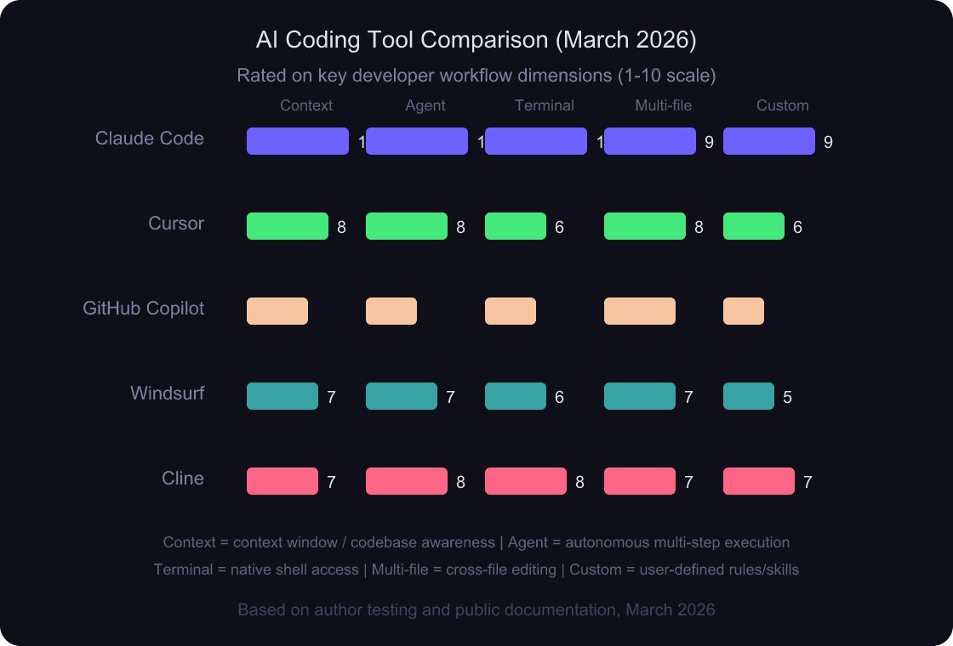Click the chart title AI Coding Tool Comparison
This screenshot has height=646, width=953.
(476, 40)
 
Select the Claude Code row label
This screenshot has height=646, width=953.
(150, 139)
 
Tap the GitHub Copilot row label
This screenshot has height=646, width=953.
(143, 309)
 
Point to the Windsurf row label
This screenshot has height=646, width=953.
(167, 394)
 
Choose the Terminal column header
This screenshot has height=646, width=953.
(545, 105)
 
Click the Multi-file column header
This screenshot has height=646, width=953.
(664, 105)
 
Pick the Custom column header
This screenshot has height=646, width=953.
(782, 105)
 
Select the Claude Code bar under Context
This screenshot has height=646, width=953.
(298, 141)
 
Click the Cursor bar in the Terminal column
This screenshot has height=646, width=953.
(516, 226)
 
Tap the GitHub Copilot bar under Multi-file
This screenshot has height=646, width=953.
(640, 311)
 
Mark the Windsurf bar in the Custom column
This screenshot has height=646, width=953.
(749, 396)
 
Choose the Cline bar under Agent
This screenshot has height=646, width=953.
(407, 481)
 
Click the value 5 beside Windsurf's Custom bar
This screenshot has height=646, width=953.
(787, 398)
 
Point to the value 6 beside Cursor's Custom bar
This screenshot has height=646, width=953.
(797, 228)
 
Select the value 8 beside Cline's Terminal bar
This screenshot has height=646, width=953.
(579, 483)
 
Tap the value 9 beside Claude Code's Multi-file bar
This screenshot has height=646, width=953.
(709, 143)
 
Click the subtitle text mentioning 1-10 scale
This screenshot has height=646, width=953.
(476, 76)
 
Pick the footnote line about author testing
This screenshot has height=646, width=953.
(476, 609)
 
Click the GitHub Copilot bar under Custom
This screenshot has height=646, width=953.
(744, 311)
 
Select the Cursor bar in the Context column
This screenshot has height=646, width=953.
(288, 226)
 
